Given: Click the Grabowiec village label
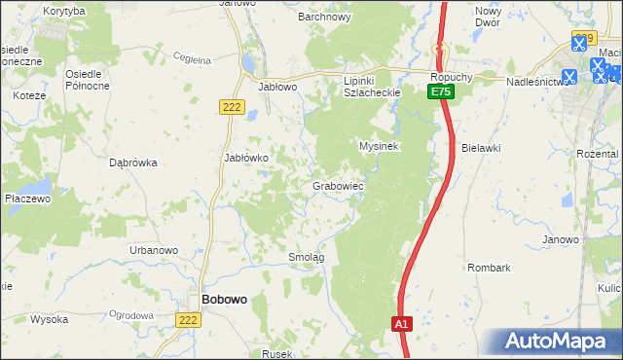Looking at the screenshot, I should click(338, 185).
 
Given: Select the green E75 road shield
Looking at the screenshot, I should click(441, 91).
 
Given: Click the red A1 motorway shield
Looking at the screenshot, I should click(402, 322).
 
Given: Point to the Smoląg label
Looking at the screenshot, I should click(306, 257).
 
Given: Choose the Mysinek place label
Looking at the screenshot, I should click(380, 146).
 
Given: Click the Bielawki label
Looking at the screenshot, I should click(481, 148).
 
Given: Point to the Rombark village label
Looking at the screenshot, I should click(489, 267).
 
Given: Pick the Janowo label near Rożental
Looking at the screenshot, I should click(561, 239).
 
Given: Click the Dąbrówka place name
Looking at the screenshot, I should click(134, 163).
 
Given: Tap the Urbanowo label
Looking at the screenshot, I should click(154, 250).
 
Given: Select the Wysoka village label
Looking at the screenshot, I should click(49, 319).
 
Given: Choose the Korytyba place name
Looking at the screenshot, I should click(64, 10).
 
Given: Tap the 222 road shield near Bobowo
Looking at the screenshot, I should click(190, 319).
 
